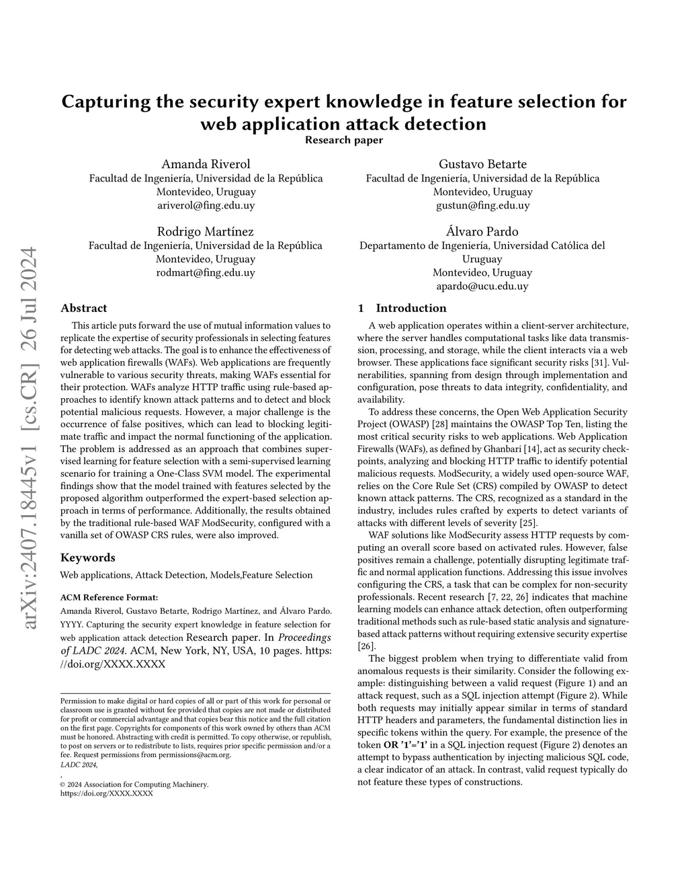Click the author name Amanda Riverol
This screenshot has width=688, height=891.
point(206,164)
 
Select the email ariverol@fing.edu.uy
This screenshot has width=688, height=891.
point(206,206)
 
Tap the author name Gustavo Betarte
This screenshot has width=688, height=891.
point(482,164)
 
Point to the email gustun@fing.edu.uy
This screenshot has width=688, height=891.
point(482,206)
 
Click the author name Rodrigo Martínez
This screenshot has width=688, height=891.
point(206,231)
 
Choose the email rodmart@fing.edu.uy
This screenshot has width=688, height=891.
point(206,273)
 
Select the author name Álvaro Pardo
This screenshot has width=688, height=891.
point(482,231)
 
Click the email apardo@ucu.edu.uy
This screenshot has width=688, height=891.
point(482,286)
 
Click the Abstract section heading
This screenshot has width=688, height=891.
point(84,308)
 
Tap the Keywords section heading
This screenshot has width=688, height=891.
point(88,557)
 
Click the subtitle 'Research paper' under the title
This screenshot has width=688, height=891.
point(344,140)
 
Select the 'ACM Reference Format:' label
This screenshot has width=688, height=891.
point(110,596)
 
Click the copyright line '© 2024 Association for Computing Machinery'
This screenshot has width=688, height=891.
point(134,784)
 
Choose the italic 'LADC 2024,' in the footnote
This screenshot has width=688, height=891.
point(79,765)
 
